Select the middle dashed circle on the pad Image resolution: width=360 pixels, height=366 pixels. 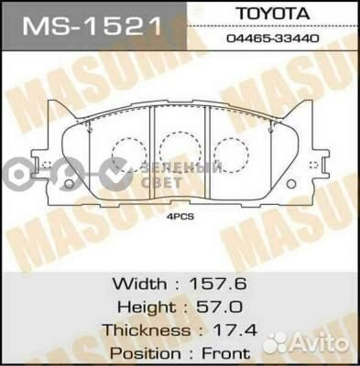(x=177, y=149)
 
